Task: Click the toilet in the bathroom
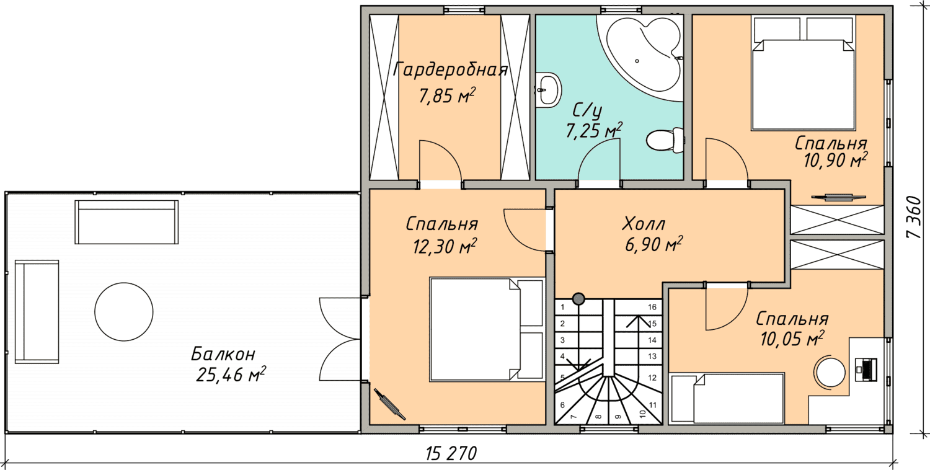pyautogui.click(x=665, y=140)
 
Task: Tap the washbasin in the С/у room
pyautogui.click(x=548, y=89)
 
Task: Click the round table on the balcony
pyautogui.click(x=124, y=312)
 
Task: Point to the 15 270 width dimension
pyautogui.click(x=451, y=453)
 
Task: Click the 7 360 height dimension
pyautogui.click(x=914, y=217)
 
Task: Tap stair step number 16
pyautogui.click(x=652, y=307)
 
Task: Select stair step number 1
pyautogui.click(x=562, y=308)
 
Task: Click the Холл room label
pyautogui.click(x=644, y=224)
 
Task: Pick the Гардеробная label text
pyautogui.click(x=450, y=69)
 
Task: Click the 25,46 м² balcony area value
pyautogui.click(x=231, y=375)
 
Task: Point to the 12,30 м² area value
pyautogui.click(x=445, y=246)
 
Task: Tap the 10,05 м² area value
pyautogui.click(x=792, y=339)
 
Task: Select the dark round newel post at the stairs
pyautogui.click(x=578, y=298)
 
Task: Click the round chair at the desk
pyautogui.click(x=830, y=371)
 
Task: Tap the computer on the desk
pyautogui.click(x=867, y=369)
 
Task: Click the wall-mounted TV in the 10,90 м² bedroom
pyautogui.click(x=838, y=197)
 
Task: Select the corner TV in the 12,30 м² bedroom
pyautogui.click(x=389, y=404)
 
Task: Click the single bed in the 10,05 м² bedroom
pyautogui.click(x=727, y=399)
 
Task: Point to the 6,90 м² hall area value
pyautogui.click(x=653, y=244)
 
